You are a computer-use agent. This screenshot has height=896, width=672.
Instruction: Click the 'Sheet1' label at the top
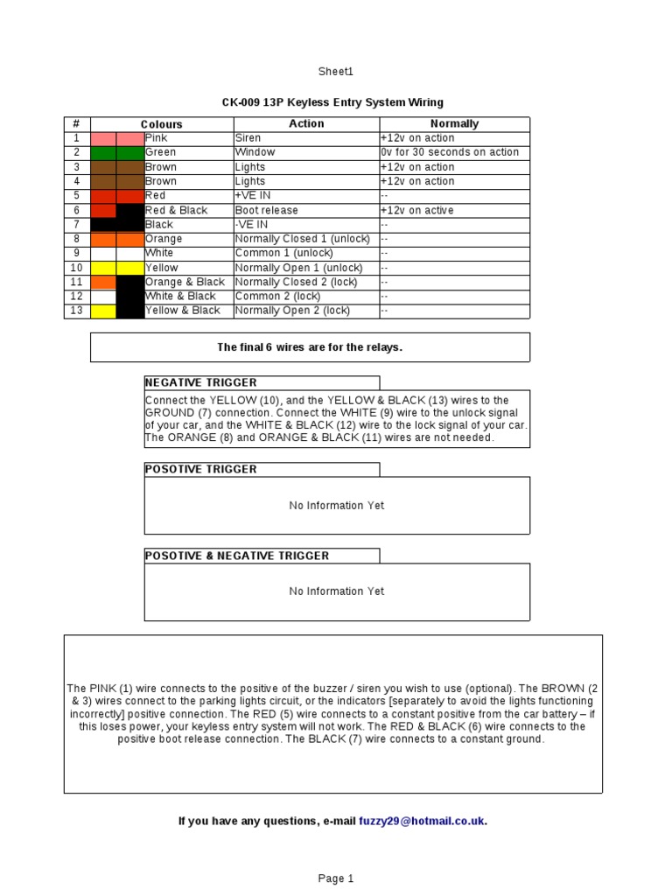pyautogui.click(x=336, y=72)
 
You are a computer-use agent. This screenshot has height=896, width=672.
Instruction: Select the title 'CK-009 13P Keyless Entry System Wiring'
pyautogui.click(x=332, y=102)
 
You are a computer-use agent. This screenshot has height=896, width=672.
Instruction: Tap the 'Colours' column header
pyautogui.click(x=162, y=124)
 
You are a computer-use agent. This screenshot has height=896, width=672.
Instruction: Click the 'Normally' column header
pyautogui.click(x=454, y=124)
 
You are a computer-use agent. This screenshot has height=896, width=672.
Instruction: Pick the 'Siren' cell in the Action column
pyautogui.click(x=248, y=138)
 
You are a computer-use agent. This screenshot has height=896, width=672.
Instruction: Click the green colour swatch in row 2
pyautogui.click(x=116, y=152)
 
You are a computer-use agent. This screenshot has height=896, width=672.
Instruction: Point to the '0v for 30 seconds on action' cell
pyautogui.click(x=450, y=152)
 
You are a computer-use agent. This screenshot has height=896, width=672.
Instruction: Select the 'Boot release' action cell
pyautogui.click(x=267, y=210)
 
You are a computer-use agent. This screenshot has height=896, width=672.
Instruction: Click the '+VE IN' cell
pyautogui.click(x=253, y=196)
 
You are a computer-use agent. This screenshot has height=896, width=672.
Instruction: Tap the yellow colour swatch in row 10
pyautogui.click(x=116, y=268)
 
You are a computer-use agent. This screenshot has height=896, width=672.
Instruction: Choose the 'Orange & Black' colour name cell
pyautogui.click(x=185, y=282)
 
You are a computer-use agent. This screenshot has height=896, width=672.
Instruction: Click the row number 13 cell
pyautogui.click(x=76, y=311)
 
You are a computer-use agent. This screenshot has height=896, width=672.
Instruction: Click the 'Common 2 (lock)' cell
pyautogui.click(x=279, y=297)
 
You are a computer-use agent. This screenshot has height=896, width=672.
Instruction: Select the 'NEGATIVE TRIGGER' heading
pyautogui.click(x=200, y=383)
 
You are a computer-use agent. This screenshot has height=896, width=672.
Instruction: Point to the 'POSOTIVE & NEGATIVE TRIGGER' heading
pyautogui.click(x=236, y=556)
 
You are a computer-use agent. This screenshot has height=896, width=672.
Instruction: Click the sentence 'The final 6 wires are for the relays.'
pyautogui.click(x=310, y=347)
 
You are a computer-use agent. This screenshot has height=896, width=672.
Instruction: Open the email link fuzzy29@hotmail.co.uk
pyautogui.click(x=422, y=821)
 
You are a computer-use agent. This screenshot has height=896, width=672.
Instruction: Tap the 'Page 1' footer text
pyautogui.click(x=336, y=878)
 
